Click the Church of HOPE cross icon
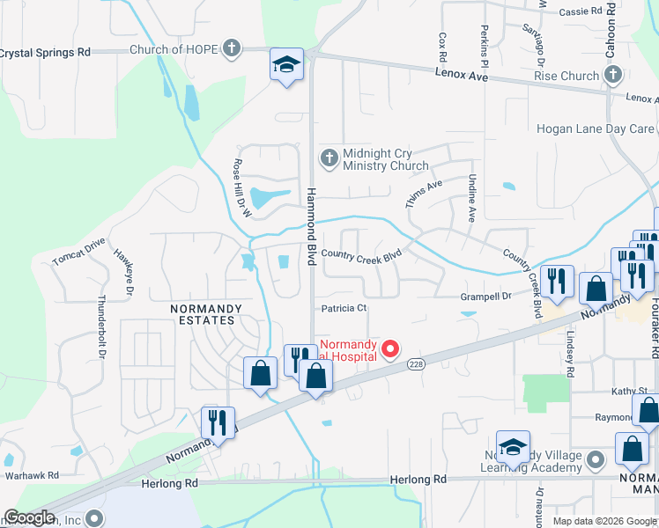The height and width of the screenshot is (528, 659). [231, 48]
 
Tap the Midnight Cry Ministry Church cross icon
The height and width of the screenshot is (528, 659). [329, 158]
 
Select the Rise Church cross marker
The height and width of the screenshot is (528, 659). [612, 76]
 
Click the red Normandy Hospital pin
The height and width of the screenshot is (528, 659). [389, 350]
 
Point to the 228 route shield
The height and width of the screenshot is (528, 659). [417, 364]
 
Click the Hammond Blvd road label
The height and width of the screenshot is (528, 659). [310, 228]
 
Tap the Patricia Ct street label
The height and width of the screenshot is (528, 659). [344, 308]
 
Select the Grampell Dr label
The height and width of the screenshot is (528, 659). [485, 297]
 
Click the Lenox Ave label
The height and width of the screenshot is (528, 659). [461, 76]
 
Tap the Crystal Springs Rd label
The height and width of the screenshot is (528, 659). [44, 52]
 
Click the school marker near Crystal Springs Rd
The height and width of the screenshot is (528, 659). [286, 65]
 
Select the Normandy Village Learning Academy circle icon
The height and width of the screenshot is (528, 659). [596, 458]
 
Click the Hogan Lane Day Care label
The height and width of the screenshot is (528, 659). [596, 128]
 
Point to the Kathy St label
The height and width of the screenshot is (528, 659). [629, 390]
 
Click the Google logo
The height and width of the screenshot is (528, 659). [30, 517]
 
